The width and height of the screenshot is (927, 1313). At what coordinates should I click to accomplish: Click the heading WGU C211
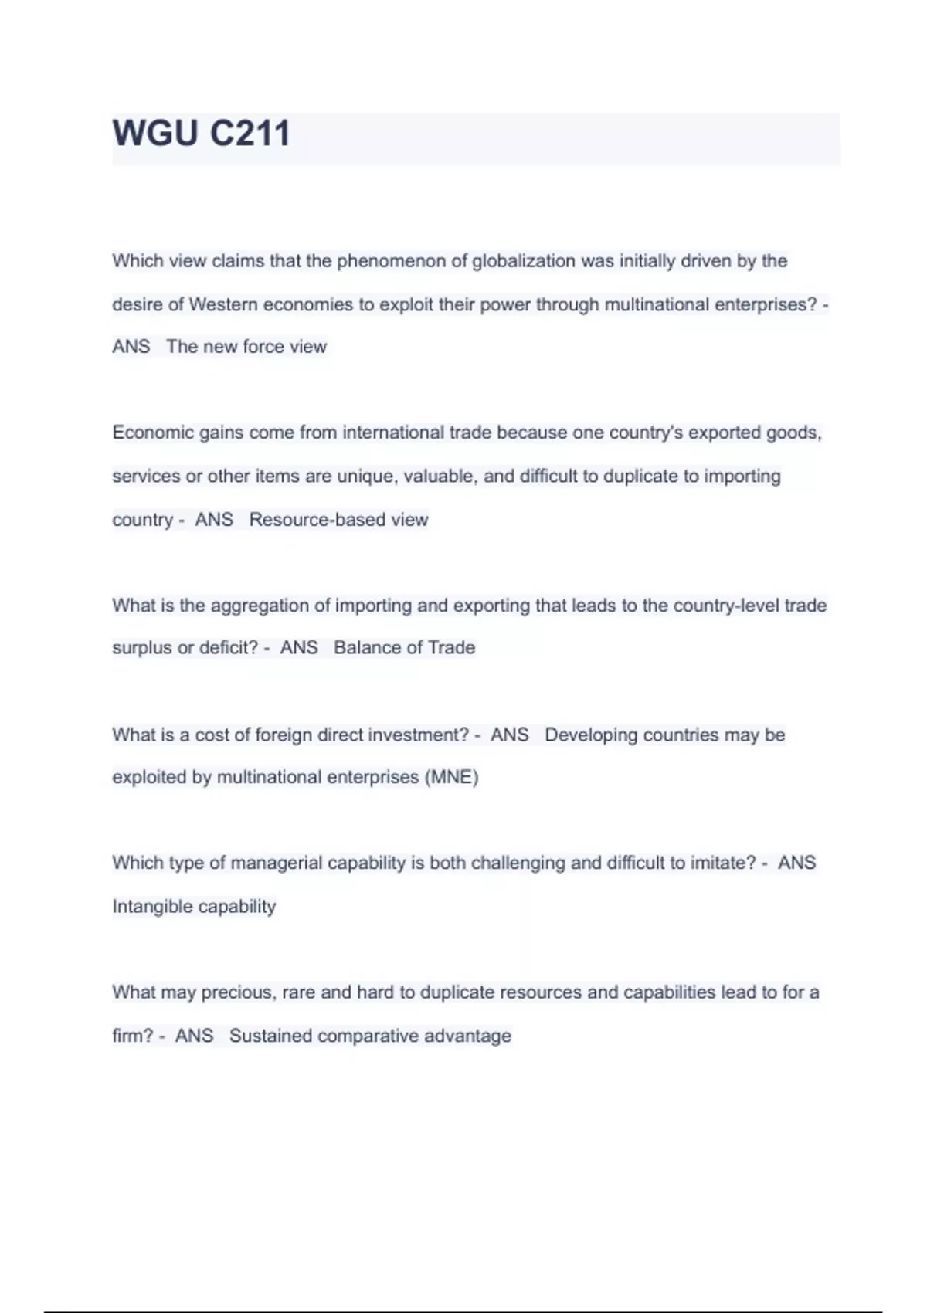click(x=201, y=133)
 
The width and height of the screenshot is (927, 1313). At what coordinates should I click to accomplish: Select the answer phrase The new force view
click(x=246, y=347)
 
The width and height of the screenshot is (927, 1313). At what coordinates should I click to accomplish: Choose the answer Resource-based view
click(x=338, y=520)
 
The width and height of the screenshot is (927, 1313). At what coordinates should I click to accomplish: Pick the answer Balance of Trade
click(x=404, y=647)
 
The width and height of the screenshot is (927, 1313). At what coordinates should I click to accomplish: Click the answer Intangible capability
click(x=194, y=906)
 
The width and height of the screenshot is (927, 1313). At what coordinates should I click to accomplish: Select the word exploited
click(x=149, y=777)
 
